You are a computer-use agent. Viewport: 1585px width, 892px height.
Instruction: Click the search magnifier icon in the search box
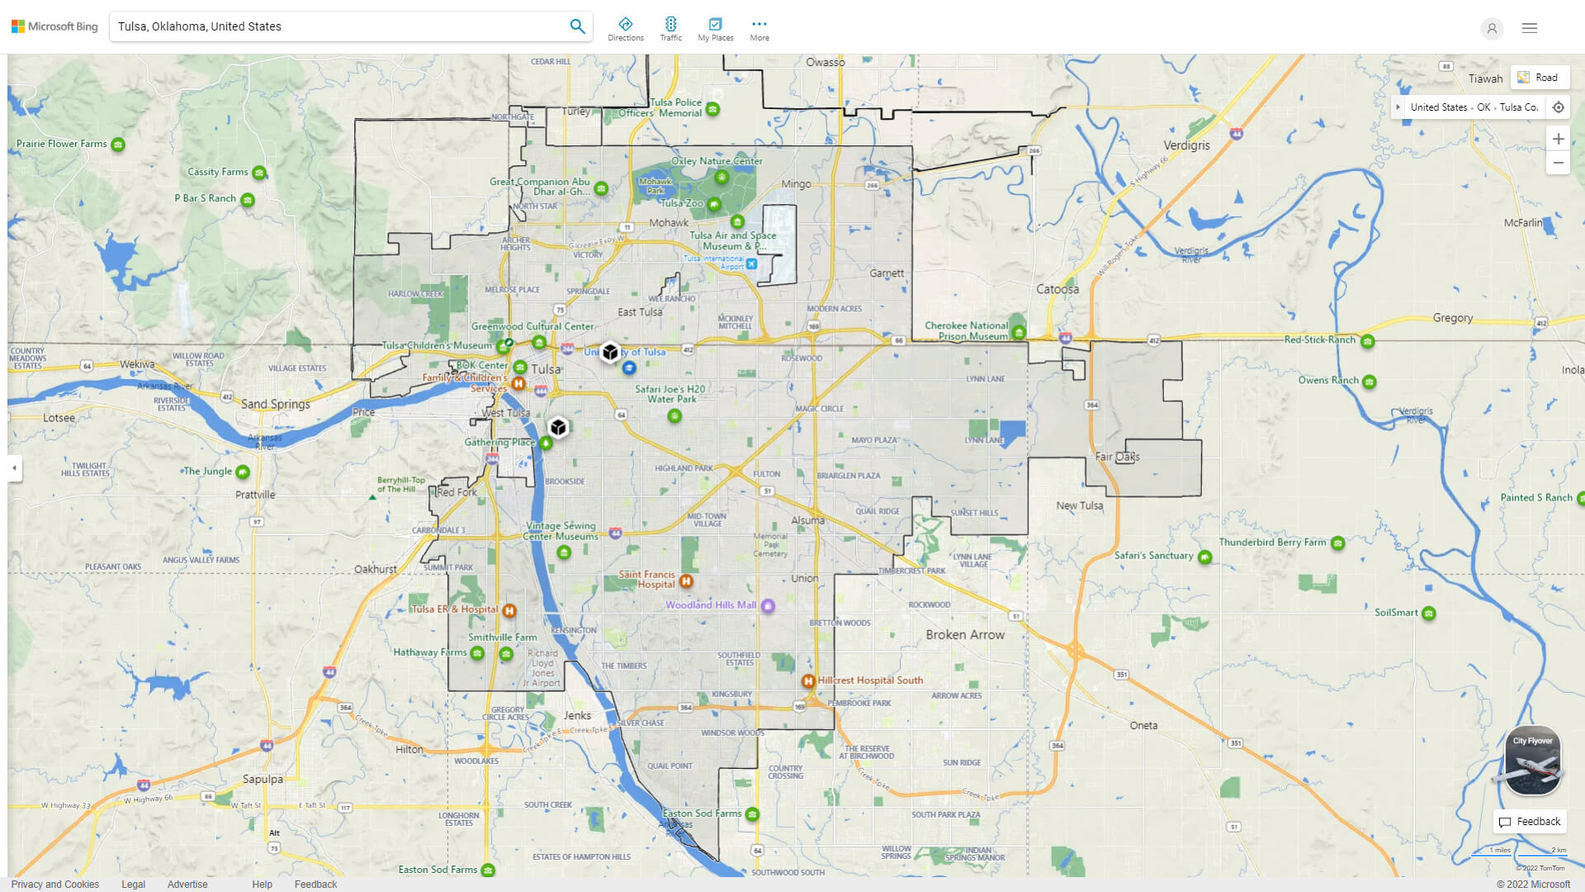click(577, 26)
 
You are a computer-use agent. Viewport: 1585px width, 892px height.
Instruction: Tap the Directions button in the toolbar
click(625, 28)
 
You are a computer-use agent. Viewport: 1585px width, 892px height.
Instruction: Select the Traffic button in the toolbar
click(670, 28)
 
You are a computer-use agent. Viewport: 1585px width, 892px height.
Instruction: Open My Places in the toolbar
click(715, 28)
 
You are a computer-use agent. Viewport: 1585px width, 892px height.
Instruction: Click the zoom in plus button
click(1558, 139)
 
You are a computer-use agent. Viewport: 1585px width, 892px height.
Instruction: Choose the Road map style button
click(1540, 78)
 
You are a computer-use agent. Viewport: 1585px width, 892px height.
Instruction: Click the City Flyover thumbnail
click(1532, 761)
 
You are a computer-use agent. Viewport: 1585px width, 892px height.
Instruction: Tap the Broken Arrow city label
click(965, 635)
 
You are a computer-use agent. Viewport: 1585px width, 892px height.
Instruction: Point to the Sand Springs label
click(276, 404)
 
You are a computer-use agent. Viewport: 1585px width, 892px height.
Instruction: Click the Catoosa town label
click(1057, 289)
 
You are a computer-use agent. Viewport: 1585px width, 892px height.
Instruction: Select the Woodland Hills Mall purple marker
click(768, 605)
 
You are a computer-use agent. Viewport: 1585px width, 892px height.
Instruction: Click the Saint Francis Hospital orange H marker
click(685, 581)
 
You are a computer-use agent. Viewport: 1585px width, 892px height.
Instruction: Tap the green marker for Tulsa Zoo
click(714, 204)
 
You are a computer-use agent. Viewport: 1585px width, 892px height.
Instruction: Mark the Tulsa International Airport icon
click(751, 264)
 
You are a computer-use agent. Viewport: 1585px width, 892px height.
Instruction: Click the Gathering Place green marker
click(545, 444)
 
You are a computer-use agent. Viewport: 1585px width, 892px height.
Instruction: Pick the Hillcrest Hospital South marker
click(808, 681)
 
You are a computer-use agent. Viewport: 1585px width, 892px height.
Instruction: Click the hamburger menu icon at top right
click(1530, 28)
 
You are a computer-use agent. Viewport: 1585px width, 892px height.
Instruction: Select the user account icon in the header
click(1492, 28)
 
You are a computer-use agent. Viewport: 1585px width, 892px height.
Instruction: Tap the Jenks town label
click(577, 716)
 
